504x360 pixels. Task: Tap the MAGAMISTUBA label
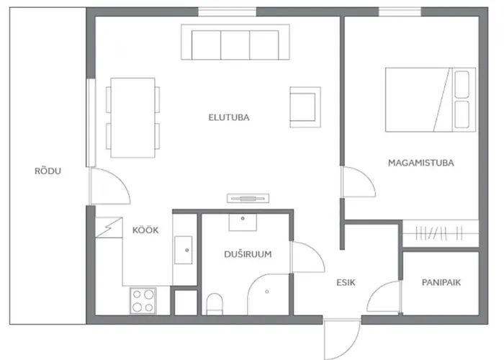[420, 163]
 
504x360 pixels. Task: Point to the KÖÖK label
[145, 230]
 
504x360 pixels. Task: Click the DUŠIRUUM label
[247, 253]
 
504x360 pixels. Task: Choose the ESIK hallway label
[346, 283]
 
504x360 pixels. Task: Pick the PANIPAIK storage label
[441, 283]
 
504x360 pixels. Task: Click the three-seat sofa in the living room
[235, 44]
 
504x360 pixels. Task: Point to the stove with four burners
[143, 299]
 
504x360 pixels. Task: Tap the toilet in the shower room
[214, 303]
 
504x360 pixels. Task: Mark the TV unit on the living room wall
[247, 197]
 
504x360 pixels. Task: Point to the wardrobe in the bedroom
[440, 233]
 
